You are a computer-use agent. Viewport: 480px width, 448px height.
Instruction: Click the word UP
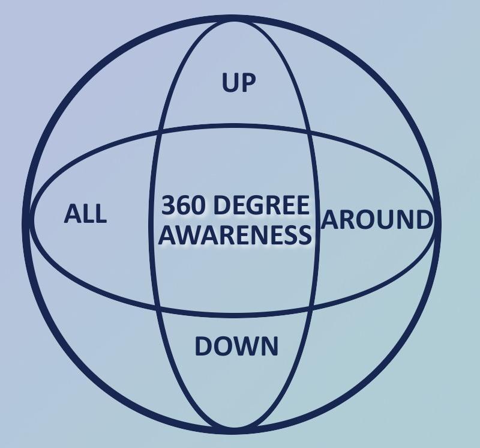239,83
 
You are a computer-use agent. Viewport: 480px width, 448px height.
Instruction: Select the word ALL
85,214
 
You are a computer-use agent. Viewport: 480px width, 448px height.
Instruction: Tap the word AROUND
377,220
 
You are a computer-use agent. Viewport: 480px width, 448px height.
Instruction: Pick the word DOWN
236,347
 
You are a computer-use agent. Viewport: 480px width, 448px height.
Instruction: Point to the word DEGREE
262,207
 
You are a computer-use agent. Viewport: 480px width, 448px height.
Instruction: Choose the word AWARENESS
235,235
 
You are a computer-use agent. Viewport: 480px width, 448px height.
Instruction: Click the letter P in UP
248,83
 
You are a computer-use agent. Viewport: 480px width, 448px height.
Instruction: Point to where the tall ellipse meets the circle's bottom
235,430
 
